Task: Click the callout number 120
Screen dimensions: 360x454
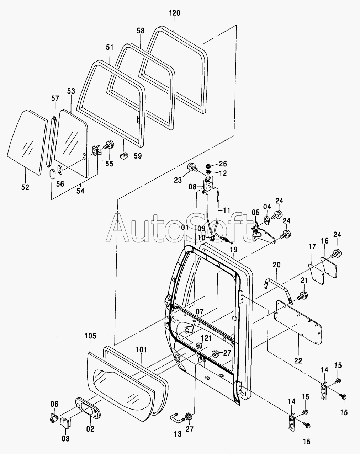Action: point(174,13)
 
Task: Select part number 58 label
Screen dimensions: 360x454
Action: point(141,31)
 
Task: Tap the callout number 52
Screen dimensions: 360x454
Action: point(25,187)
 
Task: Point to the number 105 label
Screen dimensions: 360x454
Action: point(90,336)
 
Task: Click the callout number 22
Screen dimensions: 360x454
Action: point(298,361)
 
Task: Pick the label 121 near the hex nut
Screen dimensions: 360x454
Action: point(206,338)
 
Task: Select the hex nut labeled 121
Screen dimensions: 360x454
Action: point(198,346)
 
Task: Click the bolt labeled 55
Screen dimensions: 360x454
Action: point(109,145)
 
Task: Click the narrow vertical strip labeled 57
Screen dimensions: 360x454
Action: point(52,141)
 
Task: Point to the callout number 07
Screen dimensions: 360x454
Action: point(200,311)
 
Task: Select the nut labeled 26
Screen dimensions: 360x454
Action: point(208,165)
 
